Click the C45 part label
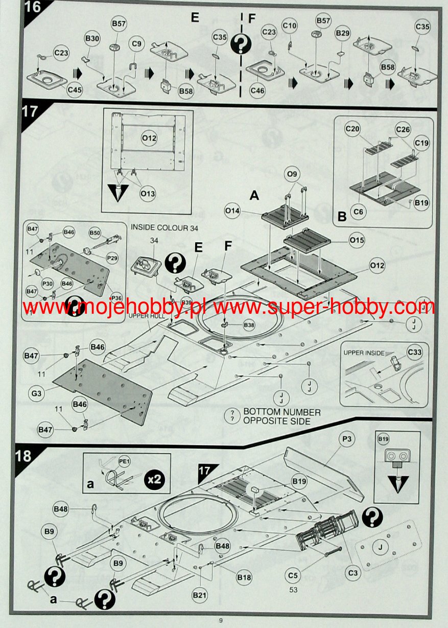[75, 90]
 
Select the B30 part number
[92, 39]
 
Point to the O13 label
[148, 194]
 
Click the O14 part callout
[232, 210]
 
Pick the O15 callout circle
[357, 239]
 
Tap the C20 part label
[352, 129]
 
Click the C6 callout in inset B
[359, 212]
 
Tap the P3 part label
[346, 439]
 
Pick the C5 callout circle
[292, 576]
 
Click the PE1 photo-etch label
[124, 461]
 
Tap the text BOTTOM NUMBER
[281, 412]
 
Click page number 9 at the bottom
[221, 620]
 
